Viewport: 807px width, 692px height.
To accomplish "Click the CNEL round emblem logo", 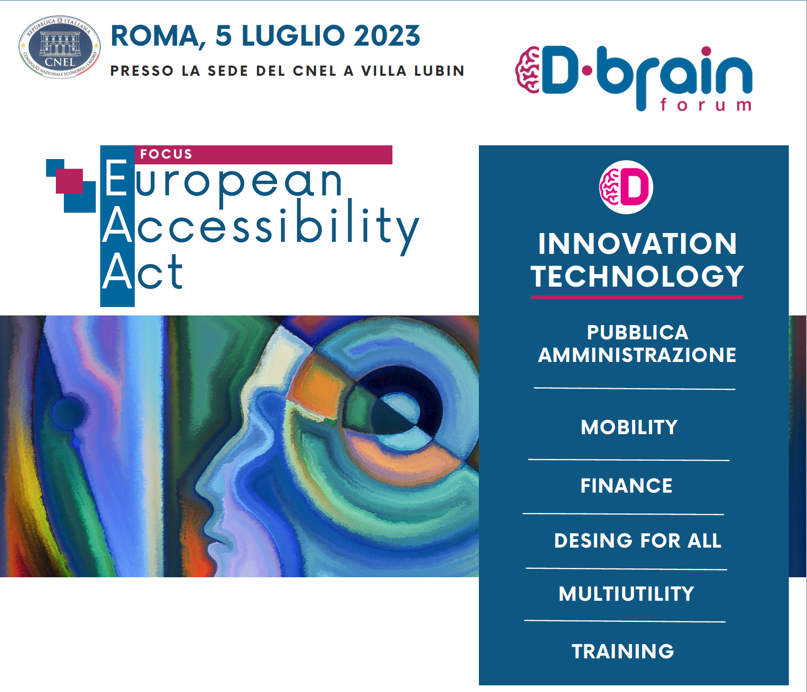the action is tap(59, 47).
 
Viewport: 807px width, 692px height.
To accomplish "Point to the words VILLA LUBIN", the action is tap(413, 71).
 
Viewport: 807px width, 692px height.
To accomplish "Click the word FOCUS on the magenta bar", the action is tap(166, 154).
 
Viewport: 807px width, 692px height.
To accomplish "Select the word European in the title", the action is tap(223, 180).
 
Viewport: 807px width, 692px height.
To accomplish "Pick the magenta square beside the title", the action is tap(69, 181).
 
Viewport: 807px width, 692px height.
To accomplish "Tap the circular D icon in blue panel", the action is tap(626, 187).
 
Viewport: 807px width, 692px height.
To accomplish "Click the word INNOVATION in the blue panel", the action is tap(637, 244).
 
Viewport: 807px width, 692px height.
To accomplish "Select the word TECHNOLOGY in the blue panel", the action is tap(637, 276).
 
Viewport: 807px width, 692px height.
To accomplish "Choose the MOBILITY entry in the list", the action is tap(629, 427).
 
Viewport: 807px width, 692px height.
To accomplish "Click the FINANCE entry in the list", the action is tap(626, 486).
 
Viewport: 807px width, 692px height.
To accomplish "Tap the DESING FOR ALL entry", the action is tap(638, 540).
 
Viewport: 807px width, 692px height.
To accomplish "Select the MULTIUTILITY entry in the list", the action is tap(626, 594).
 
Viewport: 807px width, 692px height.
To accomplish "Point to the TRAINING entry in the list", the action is tap(623, 651).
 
